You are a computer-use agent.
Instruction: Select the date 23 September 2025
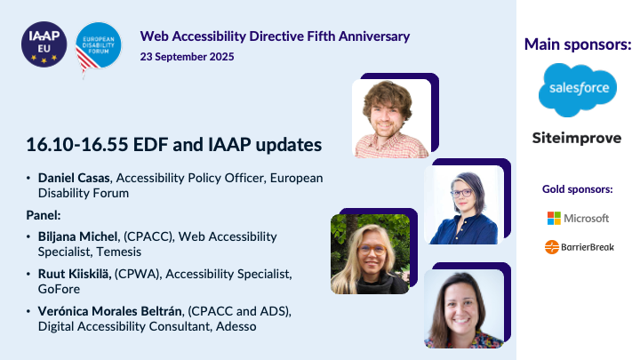point(188,56)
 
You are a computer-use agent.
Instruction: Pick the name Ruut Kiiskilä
point(77,274)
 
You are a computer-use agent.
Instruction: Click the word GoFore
point(59,289)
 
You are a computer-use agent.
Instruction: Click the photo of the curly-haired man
point(390,118)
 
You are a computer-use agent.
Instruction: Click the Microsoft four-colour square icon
point(554,218)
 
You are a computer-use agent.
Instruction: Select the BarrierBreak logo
point(577,247)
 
